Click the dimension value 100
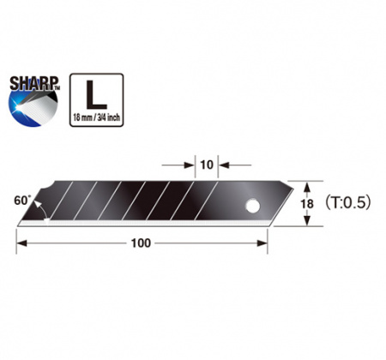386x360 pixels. click(141, 243)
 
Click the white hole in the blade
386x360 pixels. click(255, 206)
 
